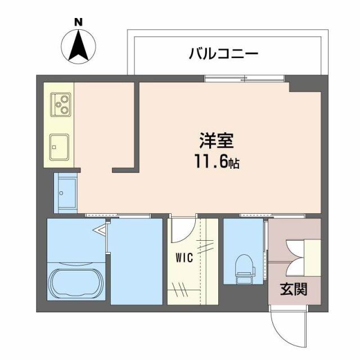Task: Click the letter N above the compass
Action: click(x=79, y=22)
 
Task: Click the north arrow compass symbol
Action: click(x=79, y=46)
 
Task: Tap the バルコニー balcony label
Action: click(x=223, y=55)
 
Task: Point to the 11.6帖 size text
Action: click(x=217, y=163)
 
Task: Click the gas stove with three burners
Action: click(x=60, y=103)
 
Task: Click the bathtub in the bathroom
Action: click(x=75, y=283)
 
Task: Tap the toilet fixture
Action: click(x=244, y=269)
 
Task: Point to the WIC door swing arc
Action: click(x=183, y=231)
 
